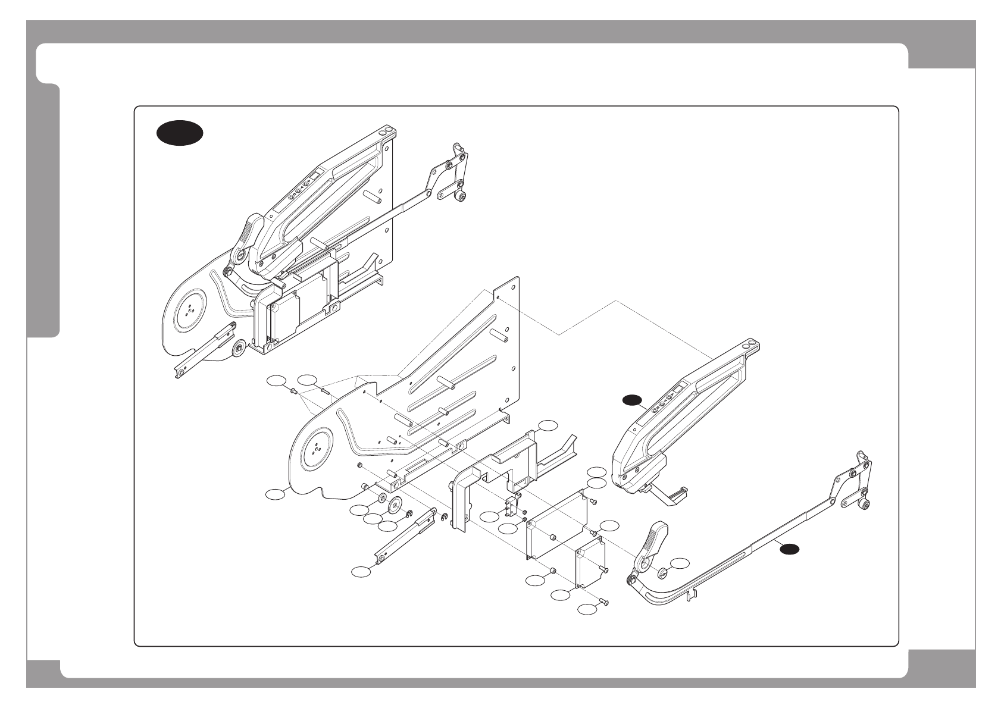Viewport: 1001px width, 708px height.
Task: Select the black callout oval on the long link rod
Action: [x=790, y=549]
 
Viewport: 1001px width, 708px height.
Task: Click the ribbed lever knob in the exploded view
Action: [x=651, y=540]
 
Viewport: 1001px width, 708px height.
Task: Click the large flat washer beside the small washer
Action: [x=394, y=506]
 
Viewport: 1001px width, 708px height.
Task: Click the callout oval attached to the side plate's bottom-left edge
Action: [x=275, y=493]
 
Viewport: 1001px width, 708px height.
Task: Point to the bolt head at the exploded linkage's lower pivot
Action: [x=865, y=506]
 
